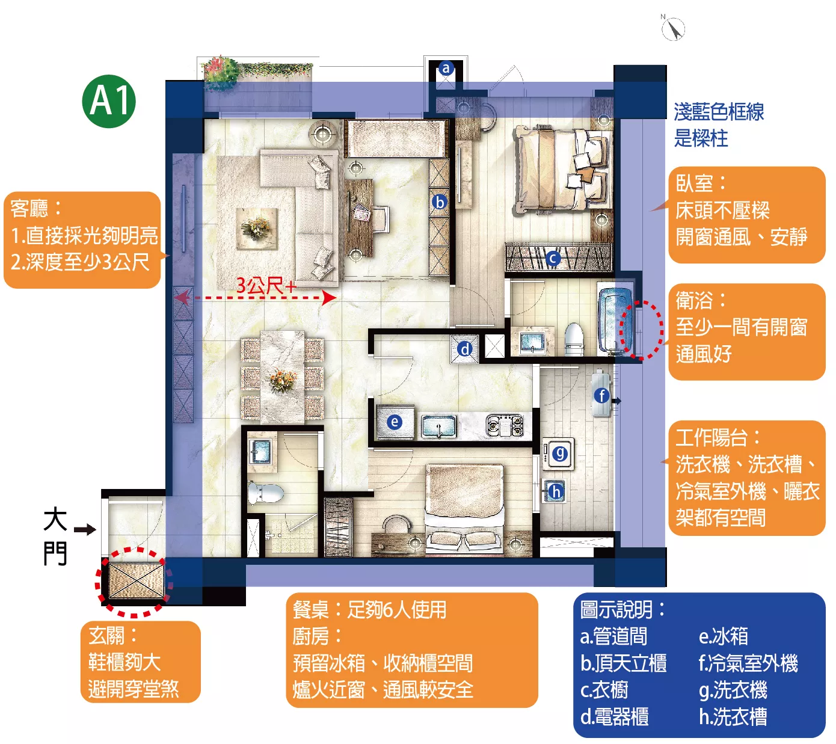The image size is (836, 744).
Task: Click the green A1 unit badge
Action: click(x=109, y=101)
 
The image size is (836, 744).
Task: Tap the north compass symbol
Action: click(x=673, y=28)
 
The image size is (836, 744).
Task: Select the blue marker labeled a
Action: click(x=446, y=68)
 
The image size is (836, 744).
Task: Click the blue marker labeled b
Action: click(x=440, y=202)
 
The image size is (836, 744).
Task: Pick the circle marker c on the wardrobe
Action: click(x=553, y=259)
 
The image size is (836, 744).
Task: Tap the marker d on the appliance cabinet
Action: click(x=465, y=349)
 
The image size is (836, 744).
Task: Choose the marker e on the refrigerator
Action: click(x=394, y=422)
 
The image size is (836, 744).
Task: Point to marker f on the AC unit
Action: click(x=601, y=395)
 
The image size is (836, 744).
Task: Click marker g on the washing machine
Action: click(x=560, y=453)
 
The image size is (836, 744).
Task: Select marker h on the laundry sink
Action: click(x=555, y=491)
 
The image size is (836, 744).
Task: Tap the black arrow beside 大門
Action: click(x=85, y=529)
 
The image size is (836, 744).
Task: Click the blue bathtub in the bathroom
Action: click(x=615, y=321)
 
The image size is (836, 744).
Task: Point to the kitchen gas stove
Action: click(x=504, y=425)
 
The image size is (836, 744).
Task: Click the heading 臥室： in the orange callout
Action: click(x=701, y=183)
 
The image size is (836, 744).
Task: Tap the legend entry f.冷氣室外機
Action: click(x=748, y=663)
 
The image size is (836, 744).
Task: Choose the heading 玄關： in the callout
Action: click(x=113, y=635)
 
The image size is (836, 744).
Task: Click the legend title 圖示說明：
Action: click(x=622, y=609)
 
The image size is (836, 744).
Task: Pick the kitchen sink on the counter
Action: click(x=438, y=426)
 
